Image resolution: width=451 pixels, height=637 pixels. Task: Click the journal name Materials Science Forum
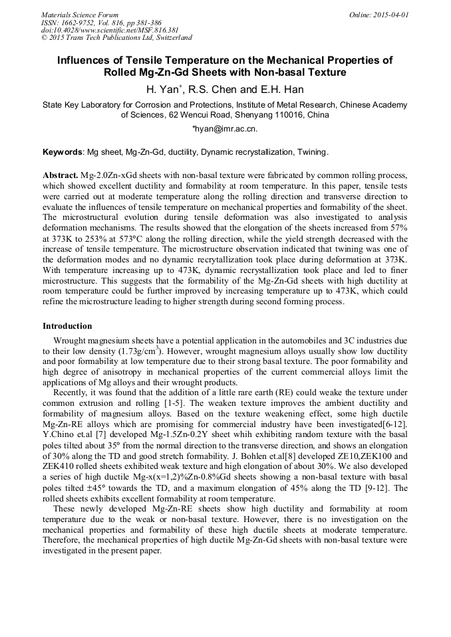[80, 14]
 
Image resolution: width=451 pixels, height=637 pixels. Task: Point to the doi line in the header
[110, 30]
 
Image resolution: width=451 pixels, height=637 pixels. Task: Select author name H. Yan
[162, 89]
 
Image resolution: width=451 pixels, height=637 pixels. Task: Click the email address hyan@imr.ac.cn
[225, 129]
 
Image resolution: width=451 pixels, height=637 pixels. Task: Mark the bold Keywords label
[63, 152]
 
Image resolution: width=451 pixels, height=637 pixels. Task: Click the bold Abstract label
[61, 174]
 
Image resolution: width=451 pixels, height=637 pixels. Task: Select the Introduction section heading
[67, 326]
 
